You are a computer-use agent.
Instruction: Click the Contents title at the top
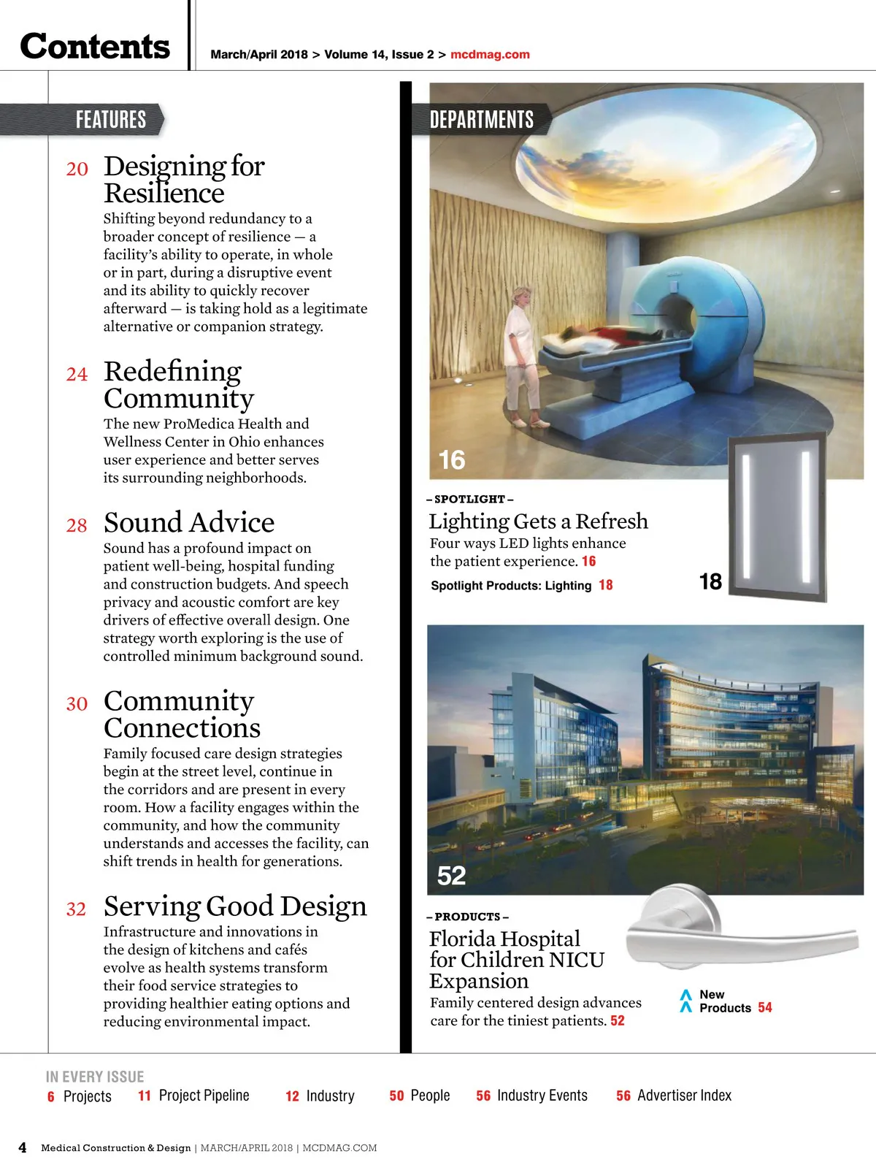click(x=95, y=47)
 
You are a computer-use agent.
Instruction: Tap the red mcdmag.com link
click(x=490, y=55)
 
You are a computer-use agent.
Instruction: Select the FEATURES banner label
click(x=111, y=120)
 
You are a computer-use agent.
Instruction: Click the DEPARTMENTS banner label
click(x=481, y=120)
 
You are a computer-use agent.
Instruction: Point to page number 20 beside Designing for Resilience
click(x=77, y=169)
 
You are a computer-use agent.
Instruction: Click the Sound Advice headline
click(x=189, y=523)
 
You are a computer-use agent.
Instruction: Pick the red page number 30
click(x=77, y=704)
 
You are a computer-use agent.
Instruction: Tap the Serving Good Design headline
click(x=235, y=906)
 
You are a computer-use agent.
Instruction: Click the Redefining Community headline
click(x=178, y=385)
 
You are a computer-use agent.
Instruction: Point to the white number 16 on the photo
click(x=451, y=460)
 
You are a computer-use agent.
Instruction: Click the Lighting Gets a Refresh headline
click(x=538, y=521)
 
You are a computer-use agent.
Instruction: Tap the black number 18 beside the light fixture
click(x=710, y=582)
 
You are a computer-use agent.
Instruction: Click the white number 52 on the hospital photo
click(x=451, y=876)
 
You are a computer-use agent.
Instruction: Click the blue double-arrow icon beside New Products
click(x=685, y=1001)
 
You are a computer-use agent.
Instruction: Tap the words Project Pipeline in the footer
click(x=204, y=1096)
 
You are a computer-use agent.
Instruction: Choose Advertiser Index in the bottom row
click(x=684, y=1096)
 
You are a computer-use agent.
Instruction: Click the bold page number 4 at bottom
click(x=23, y=1147)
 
